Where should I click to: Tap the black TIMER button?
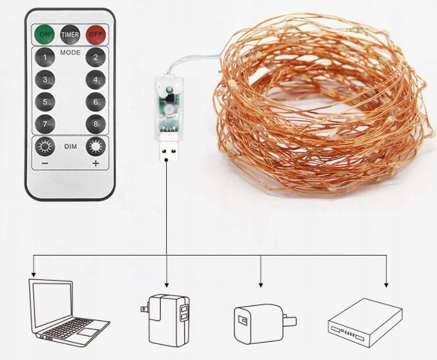70,35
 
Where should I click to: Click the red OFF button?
96,35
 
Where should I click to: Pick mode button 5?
45,102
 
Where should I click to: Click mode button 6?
96,102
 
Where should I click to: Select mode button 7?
45,124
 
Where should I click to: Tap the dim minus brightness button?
45,147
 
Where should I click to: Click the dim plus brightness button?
96,147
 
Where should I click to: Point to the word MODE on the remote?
70,53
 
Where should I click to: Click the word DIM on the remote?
71,147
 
